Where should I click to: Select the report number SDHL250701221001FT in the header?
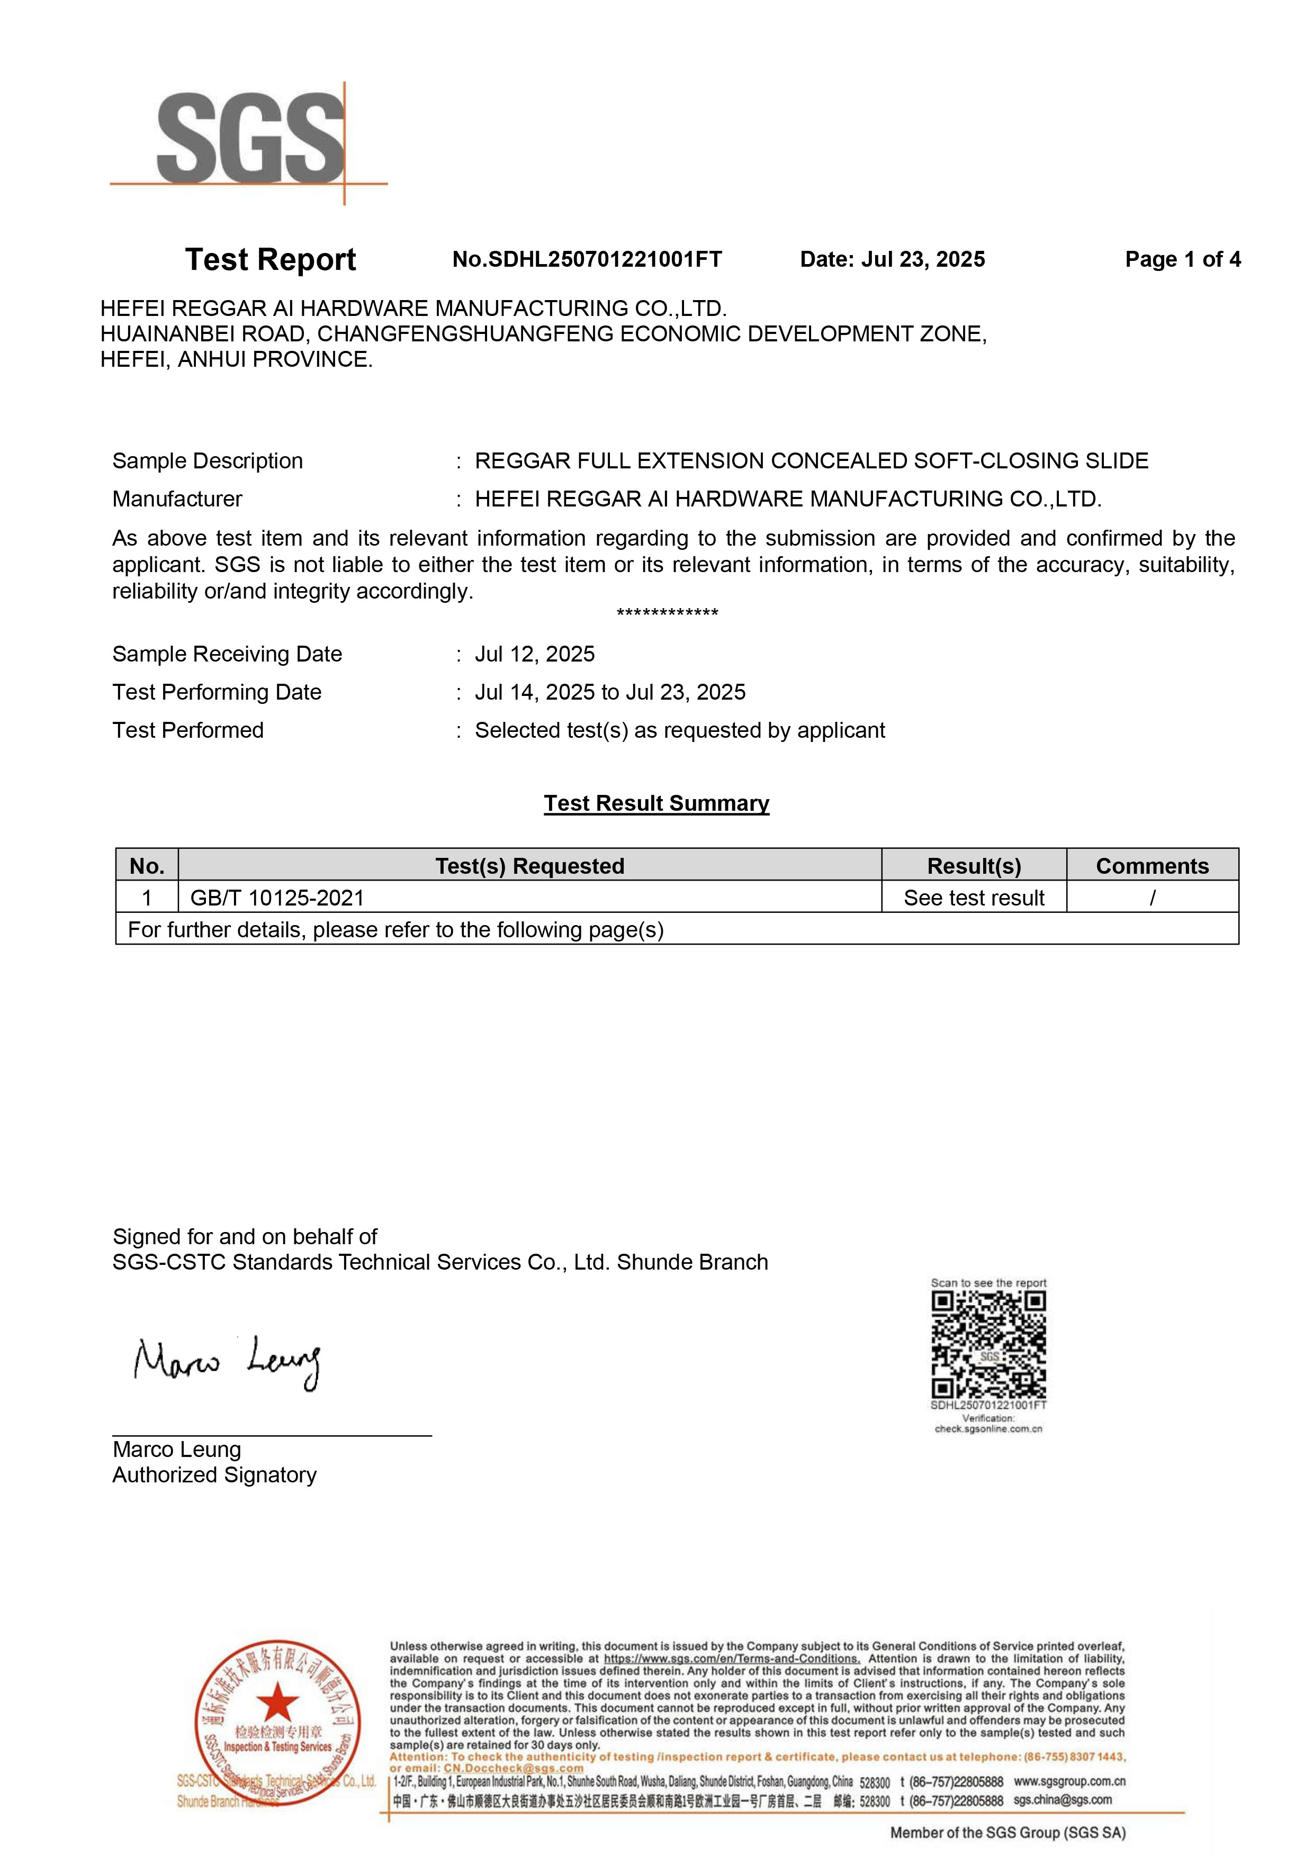[x=605, y=259]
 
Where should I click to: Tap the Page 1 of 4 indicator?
[x=1182, y=259]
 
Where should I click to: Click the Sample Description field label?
[x=208, y=461]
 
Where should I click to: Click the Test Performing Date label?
[x=217, y=692]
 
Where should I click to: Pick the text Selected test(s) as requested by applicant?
[x=679, y=730]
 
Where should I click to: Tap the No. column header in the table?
[x=147, y=866]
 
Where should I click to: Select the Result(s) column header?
[x=974, y=866]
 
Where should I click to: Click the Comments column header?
[x=1152, y=866]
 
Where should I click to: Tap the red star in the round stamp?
[x=278, y=1701]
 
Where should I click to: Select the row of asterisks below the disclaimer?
[x=667, y=613]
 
